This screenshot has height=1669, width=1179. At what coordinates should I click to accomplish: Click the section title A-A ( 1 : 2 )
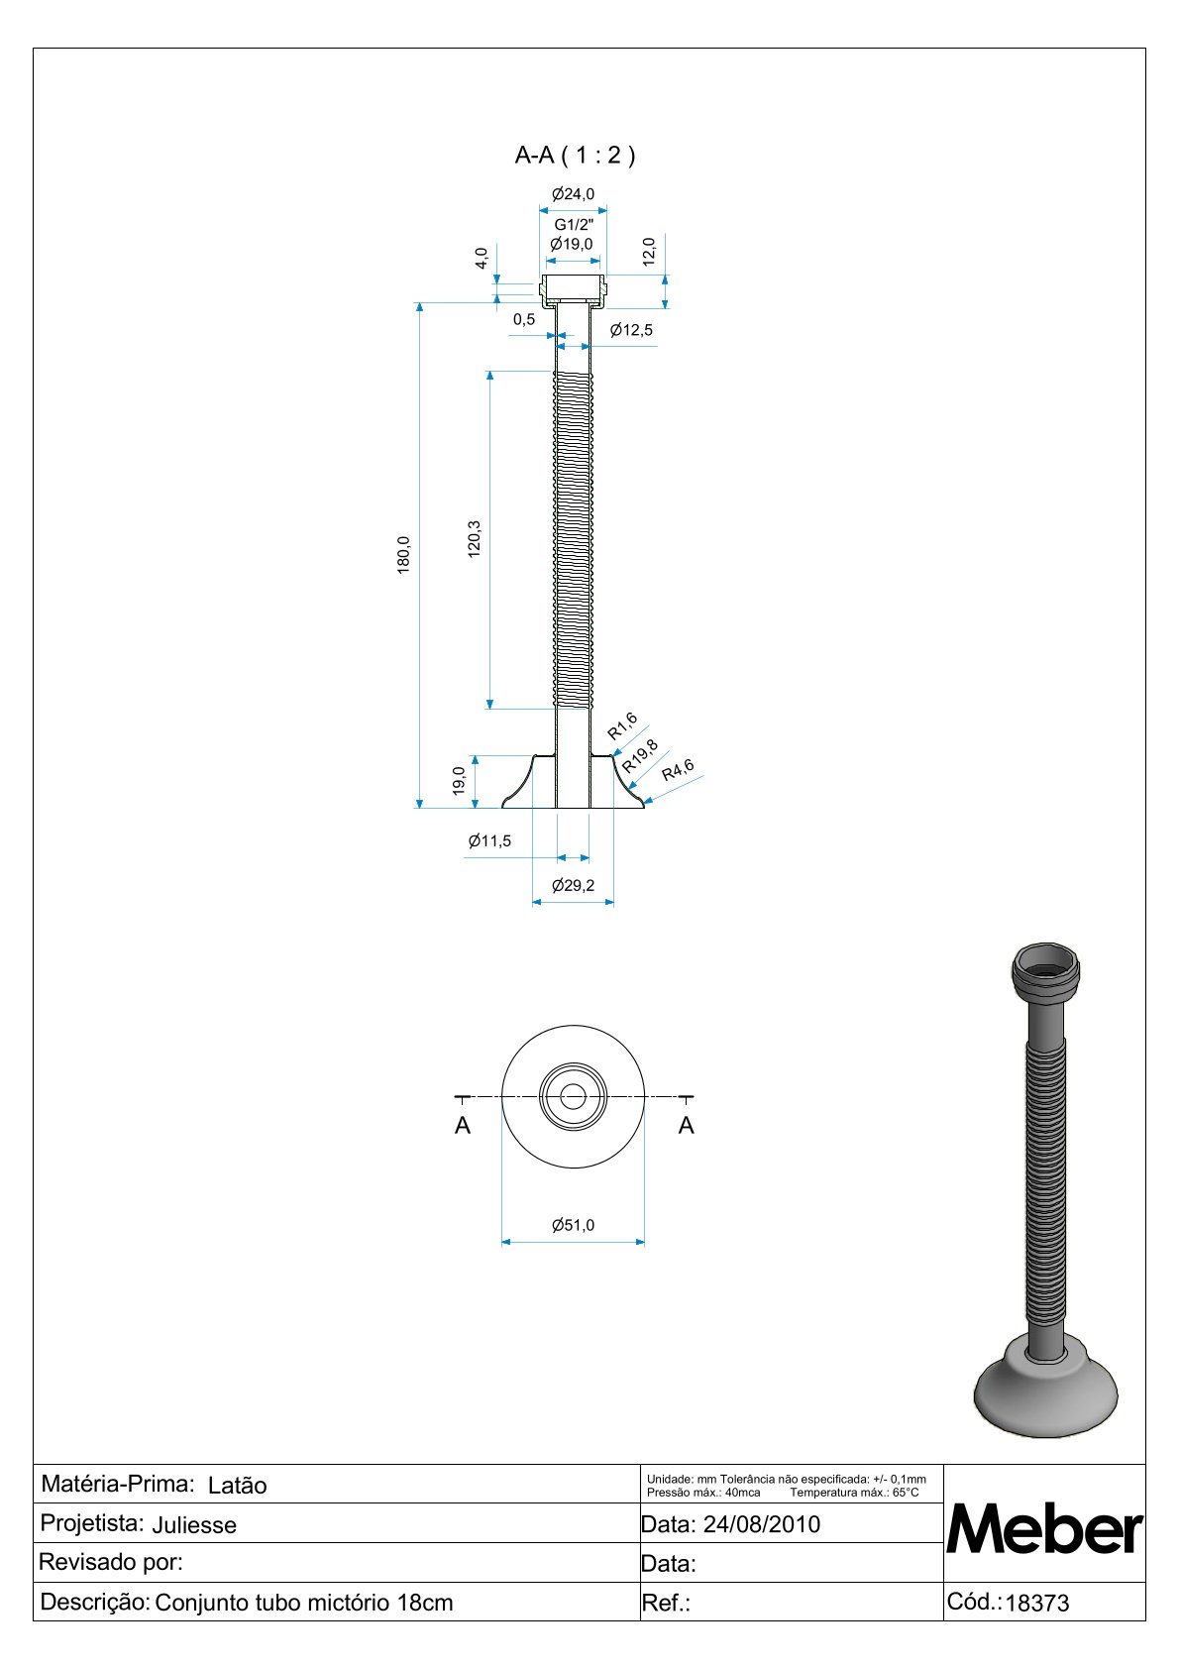pos(575,155)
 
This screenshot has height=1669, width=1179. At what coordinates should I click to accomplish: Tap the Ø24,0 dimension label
pos(573,194)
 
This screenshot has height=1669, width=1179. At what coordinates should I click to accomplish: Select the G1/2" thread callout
pos(574,224)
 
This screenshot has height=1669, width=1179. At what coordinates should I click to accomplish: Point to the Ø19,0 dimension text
pos(572,244)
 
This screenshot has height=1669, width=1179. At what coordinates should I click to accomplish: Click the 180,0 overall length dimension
pos(403,555)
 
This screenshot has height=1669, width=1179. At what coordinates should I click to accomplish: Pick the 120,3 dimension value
pos(474,539)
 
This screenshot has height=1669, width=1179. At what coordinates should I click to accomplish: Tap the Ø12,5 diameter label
pos(631,329)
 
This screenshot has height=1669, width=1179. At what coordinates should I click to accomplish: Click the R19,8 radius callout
pos(640,755)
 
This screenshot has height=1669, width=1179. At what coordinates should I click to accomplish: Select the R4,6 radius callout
pos(678,770)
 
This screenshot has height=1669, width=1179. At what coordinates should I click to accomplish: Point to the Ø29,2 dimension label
pos(573,885)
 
